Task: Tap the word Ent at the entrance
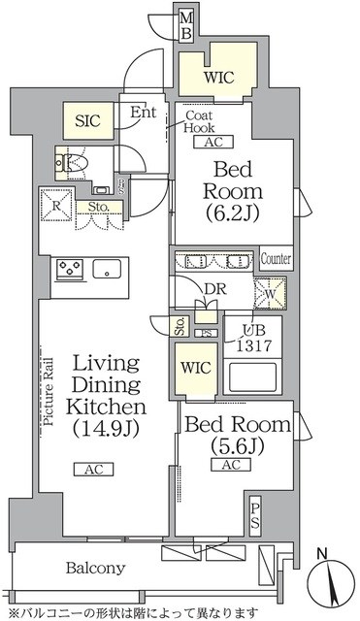coord(143,112)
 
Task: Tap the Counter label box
coord(277,260)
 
